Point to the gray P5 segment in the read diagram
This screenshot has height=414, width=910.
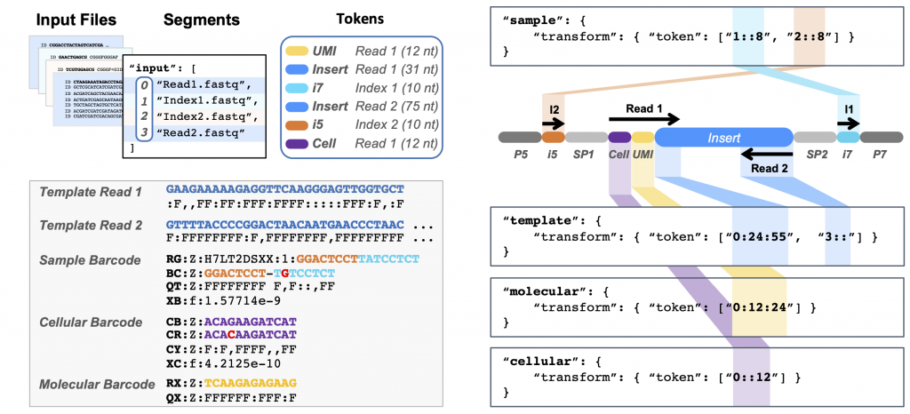click(520, 138)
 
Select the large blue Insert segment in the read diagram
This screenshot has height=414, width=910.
click(723, 138)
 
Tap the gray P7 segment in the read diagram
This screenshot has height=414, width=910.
click(882, 138)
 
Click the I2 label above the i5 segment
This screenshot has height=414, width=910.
click(553, 108)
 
